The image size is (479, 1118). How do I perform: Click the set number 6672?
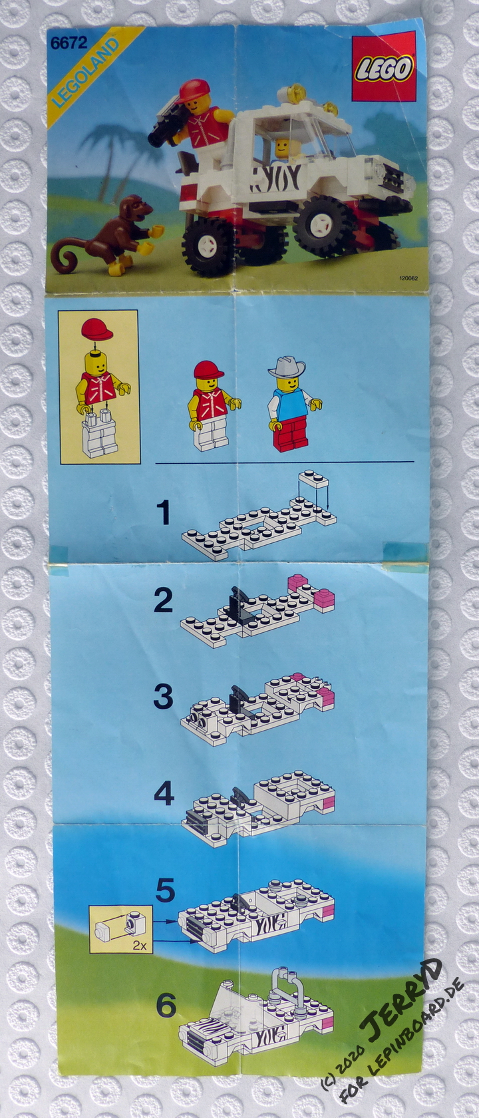pos(69,43)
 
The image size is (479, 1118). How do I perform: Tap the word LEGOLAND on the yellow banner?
pos(86,73)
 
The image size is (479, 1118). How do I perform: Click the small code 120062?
pos(408,278)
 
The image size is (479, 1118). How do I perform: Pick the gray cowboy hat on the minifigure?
pos(287,367)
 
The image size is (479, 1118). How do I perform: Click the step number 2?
pos(163,601)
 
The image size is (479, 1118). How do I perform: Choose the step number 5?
pos(165,890)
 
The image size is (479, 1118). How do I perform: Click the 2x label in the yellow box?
pos(139,945)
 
